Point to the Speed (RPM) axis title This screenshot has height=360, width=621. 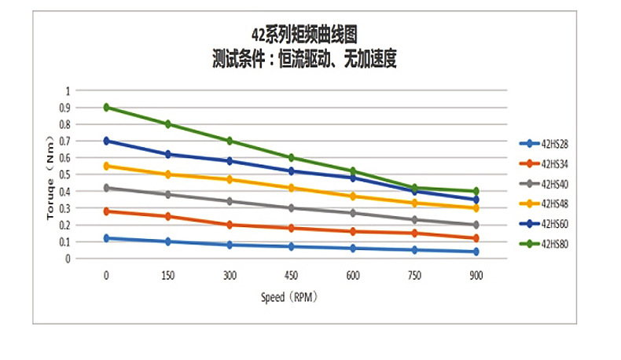point(292,298)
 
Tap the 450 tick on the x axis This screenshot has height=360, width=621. point(291,276)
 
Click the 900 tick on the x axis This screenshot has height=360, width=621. point(476,276)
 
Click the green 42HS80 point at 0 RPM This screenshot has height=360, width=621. point(106,108)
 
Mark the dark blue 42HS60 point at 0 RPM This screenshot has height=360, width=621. point(106,141)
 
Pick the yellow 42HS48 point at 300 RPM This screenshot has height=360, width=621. point(230,179)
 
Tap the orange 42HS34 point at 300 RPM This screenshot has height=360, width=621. point(230,225)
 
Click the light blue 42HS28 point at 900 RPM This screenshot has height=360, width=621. point(476,252)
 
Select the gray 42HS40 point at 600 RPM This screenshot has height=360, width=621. point(353,213)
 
